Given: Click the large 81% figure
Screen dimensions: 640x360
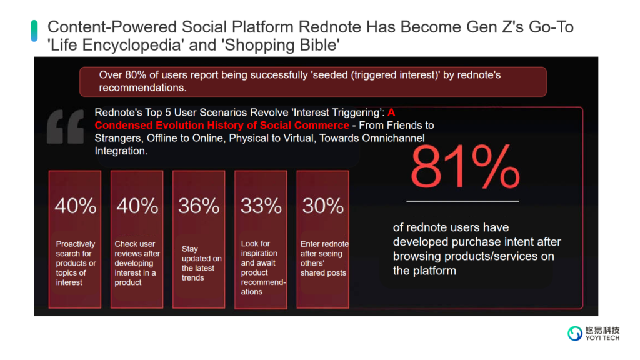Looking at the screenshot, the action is pos(465,167).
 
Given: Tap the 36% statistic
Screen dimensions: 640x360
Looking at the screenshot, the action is pos(199,206).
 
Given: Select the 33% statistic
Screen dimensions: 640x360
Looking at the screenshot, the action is pos(261,206).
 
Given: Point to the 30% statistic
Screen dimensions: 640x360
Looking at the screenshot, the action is pos(323,206).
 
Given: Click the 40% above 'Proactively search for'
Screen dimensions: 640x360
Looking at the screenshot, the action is pos(76,206).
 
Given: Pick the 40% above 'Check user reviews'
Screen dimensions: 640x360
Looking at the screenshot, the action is pos(137,206).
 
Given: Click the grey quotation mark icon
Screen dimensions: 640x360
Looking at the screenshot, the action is pos(65,126).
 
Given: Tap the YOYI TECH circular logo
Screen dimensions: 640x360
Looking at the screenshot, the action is pos(575,334).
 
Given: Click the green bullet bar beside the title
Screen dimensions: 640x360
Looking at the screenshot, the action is pos(34,31).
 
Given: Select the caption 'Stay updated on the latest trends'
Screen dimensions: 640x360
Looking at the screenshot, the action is pos(202,263).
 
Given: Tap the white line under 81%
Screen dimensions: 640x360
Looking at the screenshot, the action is pos(463,201).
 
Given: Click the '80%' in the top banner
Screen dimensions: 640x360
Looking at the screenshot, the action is pos(136,75).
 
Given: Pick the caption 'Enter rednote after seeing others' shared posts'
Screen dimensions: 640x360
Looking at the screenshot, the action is pos(324,258).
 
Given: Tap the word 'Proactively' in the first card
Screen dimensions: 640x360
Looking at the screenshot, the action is pos(76,244).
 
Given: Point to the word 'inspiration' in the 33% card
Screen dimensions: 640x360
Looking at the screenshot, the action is pos(259,254).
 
